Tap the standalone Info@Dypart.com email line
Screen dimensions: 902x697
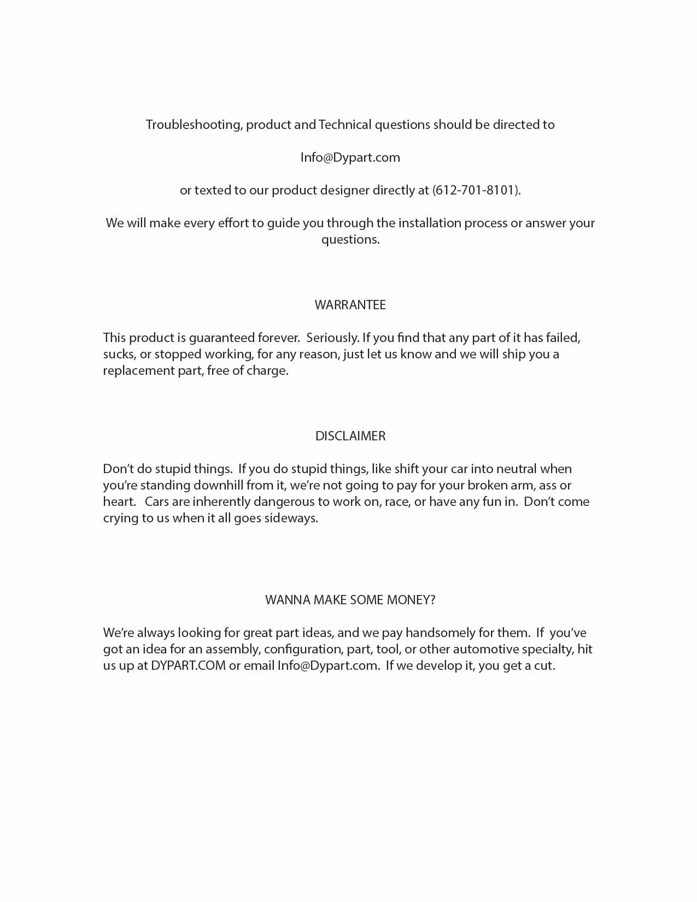(350, 157)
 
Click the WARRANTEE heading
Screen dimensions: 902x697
(350, 305)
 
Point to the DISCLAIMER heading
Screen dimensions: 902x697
(350, 436)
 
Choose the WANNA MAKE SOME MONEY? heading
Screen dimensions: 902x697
(350, 600)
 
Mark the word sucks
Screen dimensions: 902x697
(118, 354)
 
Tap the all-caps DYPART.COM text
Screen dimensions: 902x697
(188, 665)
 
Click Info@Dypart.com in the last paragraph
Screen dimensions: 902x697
(327, 665)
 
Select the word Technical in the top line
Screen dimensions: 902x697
(345, 125)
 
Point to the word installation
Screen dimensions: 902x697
(432, 223)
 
